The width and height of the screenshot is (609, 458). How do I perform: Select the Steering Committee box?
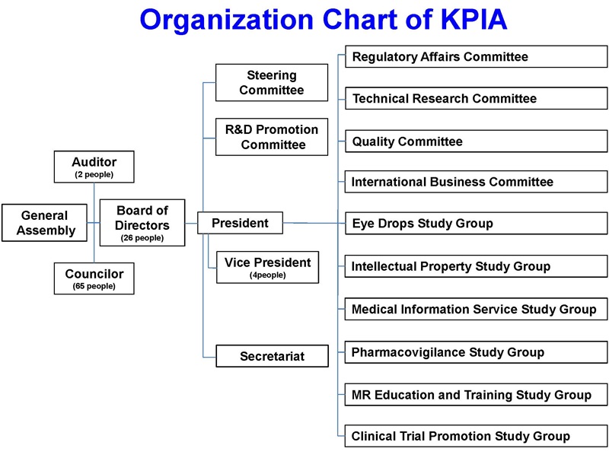[x=272, y=83]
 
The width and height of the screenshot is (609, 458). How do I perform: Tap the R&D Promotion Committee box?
[x=273, y=137]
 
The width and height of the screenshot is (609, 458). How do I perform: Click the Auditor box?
[x=94, y=167]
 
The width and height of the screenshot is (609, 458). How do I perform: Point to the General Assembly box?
[x=45, y=223]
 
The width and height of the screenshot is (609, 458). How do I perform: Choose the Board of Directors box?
[x=142, y=223]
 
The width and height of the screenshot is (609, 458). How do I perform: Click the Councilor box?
[x=94, y=278]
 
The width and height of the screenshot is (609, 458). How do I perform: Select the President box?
[x=240, y=223]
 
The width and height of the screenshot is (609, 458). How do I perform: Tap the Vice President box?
[x=267, y=267]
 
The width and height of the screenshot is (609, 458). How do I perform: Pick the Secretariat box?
[x=272, y=356]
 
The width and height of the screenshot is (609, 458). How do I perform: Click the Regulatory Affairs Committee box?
[x=476, y=57]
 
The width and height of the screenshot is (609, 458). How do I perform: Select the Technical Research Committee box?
[x=476, y=99]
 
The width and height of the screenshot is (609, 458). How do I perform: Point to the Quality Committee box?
[x=476, y=142]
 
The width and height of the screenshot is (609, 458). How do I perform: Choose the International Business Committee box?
[x=476, y=182]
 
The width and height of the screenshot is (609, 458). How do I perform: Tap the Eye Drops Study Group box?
[x=476, y=224]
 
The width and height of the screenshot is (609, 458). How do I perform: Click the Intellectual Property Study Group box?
[x=476, y=266]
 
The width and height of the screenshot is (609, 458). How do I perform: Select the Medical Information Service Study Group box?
[x=476, y=310]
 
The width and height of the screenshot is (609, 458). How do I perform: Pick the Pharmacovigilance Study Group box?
[x=476, y=352]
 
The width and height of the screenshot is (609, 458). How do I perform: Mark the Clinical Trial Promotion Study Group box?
[x=476, y=437]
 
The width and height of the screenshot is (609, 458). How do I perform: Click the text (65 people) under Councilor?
[x=94, y=287]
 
